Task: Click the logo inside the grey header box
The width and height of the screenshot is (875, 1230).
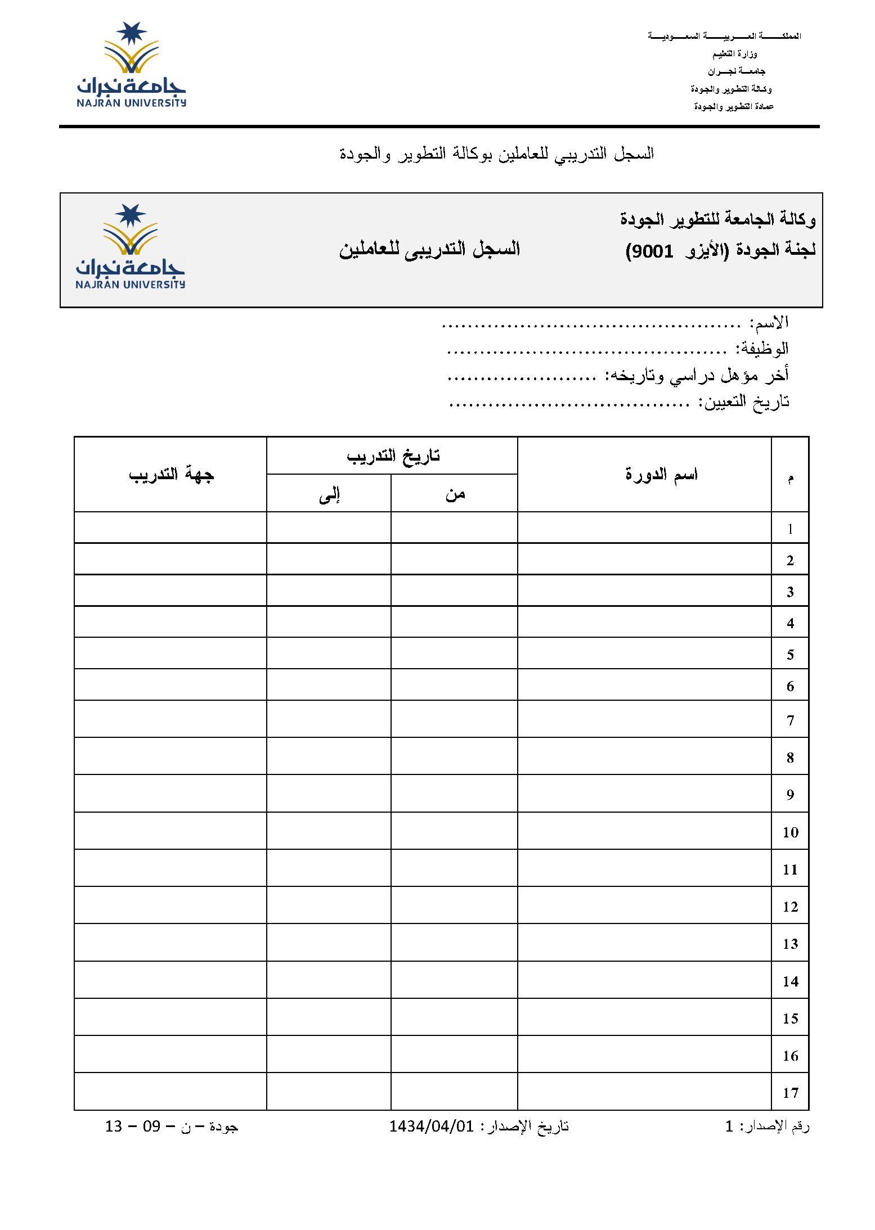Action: (x=130, y=247)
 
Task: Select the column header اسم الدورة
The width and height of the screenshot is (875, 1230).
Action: (x=661, y=474)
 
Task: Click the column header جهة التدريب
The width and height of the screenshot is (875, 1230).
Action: (x=171, y=475)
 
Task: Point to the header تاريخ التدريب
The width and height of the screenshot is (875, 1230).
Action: (x=393, y=456)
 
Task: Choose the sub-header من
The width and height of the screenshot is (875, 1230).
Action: (x=455, y=494)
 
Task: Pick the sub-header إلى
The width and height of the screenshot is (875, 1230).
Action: (x=329, y=494)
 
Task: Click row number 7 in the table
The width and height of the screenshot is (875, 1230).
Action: (x=790, y=720)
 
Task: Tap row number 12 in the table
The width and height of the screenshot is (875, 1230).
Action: (x=790, y=907)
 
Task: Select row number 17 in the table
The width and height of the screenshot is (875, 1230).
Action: (x=790, y=1093)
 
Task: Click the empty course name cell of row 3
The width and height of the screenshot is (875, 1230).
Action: (x=644, y=591)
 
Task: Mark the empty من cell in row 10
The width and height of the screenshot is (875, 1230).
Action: (x=454, y=831)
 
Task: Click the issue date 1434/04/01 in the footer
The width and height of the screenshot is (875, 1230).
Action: (x=432, y=1127)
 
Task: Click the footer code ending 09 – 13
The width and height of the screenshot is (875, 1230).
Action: (x=172, y=1127)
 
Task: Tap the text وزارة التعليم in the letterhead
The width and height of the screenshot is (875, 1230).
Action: (x=734, y=54)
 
